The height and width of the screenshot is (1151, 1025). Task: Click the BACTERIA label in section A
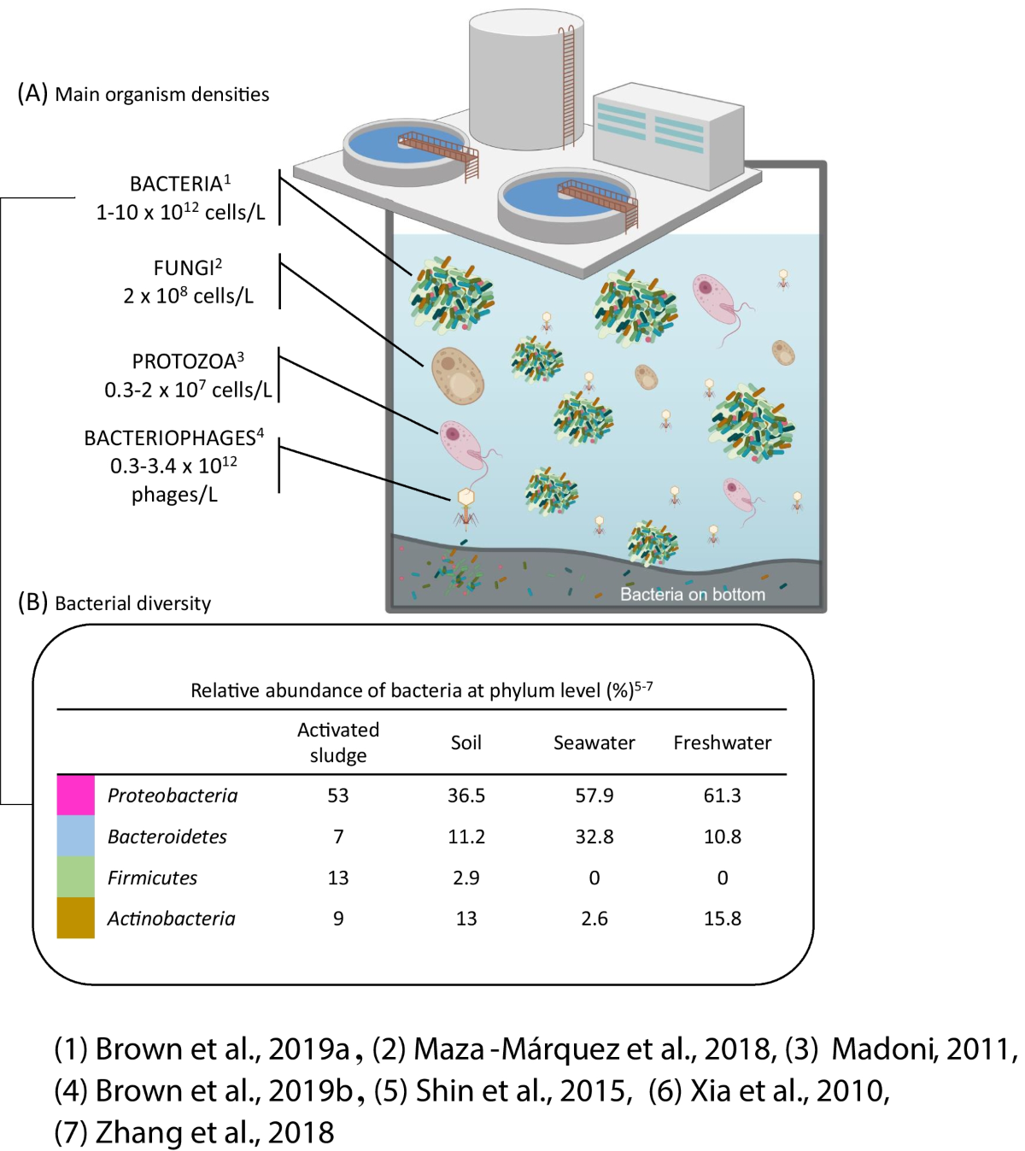pyautogui.click(x=176, y=185)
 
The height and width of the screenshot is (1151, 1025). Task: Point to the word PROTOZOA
pyautogui.click(x=184, y=361)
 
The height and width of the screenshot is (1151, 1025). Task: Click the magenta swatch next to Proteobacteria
pyautogui.click(x=75, y=795)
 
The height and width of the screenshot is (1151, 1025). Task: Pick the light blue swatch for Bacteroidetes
pyautogui.click(x=75, y=836)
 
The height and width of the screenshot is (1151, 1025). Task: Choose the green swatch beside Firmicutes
pyautogui.click(x=75, y=877)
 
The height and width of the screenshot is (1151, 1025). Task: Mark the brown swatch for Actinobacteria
pyautogui.click(x=75, y=918)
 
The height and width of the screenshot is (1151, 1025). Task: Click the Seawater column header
pyautogui.click(x=594, y=743)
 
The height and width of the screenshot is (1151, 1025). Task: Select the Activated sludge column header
pyautogui.click(x=338, y=742)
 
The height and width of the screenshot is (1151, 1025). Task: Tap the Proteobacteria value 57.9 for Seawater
pyautogui.click(x=594, y=796)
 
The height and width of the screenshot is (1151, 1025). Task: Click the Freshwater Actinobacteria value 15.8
pyautogui.click(x=722, y=919)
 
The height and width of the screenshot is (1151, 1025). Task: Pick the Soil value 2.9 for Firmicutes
pyautogui.click(x=466, y=878)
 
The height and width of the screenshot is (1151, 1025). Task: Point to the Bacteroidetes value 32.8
pyautogui.click(x=594, y=837)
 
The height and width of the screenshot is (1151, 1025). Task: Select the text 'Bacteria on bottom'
pyautogui.click(x=692, y=594)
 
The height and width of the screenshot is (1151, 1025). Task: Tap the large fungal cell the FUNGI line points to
pyautogui.click(x=457, y=375)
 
